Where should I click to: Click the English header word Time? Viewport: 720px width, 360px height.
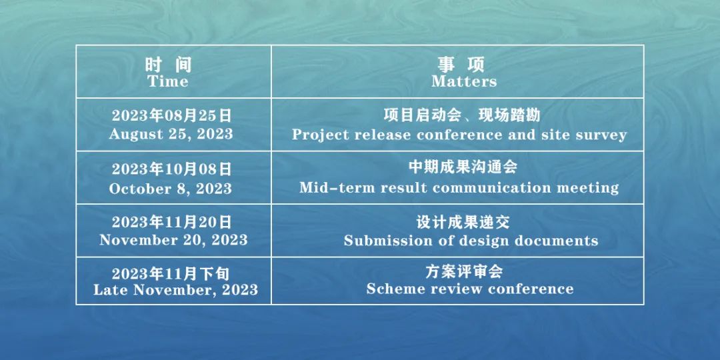(x=167, y=82)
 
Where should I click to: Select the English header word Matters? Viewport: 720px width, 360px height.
(x=464, y=82)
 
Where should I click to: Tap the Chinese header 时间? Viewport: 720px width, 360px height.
(x=168, y=65)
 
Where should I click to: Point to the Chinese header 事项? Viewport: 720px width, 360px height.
(x=461, y=65)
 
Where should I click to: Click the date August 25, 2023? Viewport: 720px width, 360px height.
(x=171, y=134)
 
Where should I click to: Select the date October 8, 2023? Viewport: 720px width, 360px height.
(x=171, y=188)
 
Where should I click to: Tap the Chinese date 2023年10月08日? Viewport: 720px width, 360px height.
(x=171, y=169)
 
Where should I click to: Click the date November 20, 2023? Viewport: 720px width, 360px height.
(x=173, y=240)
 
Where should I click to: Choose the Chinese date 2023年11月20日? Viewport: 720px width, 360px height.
(x=171, y=223)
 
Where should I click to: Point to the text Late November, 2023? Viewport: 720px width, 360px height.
(x=176, y=290)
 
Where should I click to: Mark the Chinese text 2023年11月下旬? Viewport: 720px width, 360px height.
(x=171, y=274)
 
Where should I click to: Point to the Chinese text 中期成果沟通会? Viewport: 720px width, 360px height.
(x=463, y=167)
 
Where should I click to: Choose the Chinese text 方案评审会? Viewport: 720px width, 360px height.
(x=464, y=272)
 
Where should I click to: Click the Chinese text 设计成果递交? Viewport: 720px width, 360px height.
(x=463, y=222)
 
